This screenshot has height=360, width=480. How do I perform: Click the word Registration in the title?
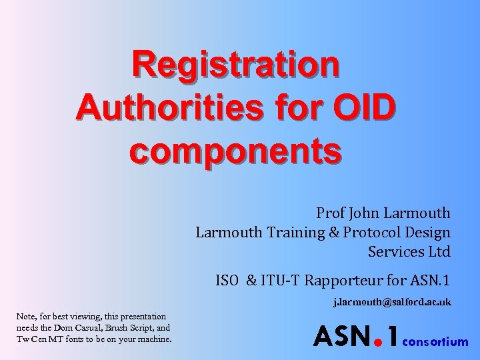point(235,65)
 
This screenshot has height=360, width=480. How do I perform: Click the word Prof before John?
point(331,213)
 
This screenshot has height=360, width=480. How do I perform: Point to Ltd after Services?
point(439,252)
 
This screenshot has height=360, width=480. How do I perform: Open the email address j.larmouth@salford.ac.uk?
point(393,302)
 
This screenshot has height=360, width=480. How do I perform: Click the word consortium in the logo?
point(436,342)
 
